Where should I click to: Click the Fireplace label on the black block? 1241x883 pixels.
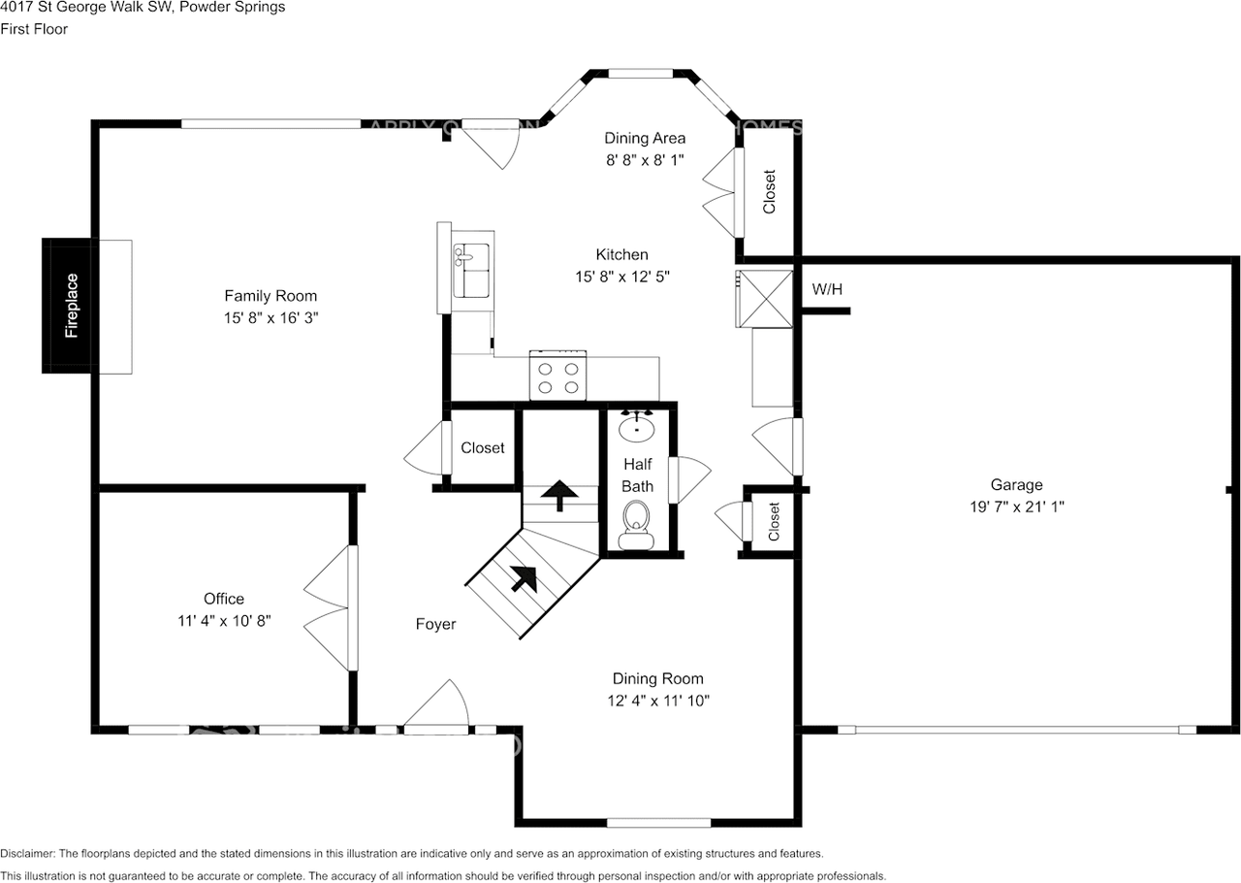tap(72, 306)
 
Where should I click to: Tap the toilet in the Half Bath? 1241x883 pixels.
tap(636, 520)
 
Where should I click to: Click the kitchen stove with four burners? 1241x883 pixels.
tap(557, 376)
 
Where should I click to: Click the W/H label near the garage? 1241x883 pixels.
tap(827, 289)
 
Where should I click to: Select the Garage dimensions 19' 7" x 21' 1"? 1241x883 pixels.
tap(1015, 507)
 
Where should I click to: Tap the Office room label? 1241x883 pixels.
tap(224, 599)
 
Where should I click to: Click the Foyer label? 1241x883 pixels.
tap(435, 624)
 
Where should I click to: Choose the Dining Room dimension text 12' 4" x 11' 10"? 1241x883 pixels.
tap(657, 700)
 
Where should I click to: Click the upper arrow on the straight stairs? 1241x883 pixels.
tap(557, 495)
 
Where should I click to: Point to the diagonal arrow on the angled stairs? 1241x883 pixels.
tap(524, 578)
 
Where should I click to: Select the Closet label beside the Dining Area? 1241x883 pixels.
tap(769, 192)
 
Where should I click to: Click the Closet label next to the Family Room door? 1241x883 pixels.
tap(482, 447)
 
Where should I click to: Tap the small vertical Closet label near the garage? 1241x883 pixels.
tap(774, 522)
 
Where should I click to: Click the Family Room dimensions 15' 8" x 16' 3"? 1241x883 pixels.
tap(270, 317)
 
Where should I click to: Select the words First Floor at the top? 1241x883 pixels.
tap(34, 29)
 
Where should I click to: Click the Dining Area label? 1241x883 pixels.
tap(645, 138)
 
